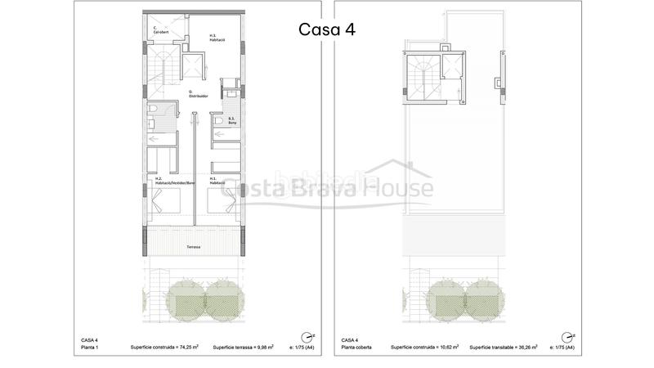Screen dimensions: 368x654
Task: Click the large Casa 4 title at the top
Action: click(327, 29)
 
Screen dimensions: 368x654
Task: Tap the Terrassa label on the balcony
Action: click(193, 246)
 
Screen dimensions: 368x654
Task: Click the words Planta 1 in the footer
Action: click(91, 347)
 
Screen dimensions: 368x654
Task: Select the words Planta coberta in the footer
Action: click(356, 347)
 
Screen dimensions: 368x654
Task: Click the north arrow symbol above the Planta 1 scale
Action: click(306, 335)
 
